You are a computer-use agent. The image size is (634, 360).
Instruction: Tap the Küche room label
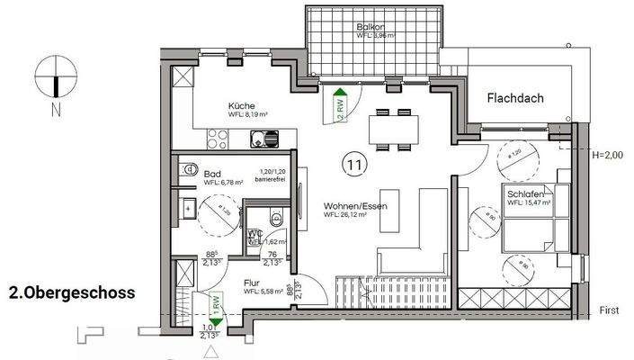click(x=241, y=104)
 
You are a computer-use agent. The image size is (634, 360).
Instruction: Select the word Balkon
click(x=370, y=28)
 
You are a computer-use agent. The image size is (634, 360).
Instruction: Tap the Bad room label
click(x=212, y=173)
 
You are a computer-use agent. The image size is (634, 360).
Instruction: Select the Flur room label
click(x=252, y=282)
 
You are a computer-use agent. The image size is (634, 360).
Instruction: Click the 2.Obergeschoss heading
click(x=71, y=292)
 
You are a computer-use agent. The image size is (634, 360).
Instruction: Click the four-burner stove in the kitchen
click(x=219, y=139)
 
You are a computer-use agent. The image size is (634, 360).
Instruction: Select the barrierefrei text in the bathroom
click(x=271, y=180)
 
